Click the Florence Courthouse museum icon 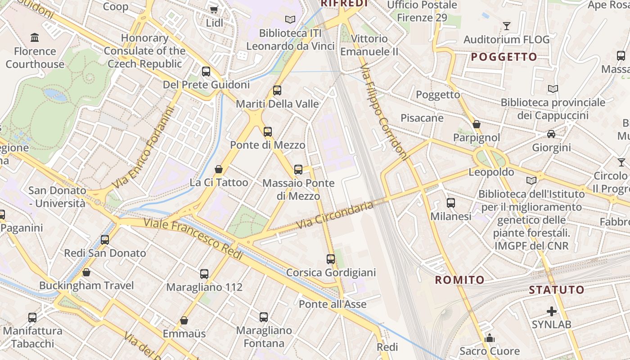pyautogui.click(x=35, y=37)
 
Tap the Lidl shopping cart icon pyautogui.click(x=214, y=9)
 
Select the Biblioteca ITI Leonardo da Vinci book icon pyautogui.click(x=290, y=19)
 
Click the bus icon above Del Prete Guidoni pyautogui.click(x=206, y=71)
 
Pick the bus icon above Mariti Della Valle pyautogui.click(x=277, y=90)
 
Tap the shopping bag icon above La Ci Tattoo pyautogui.click(x=219, y=169)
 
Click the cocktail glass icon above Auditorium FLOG pyautogui.click(x=507, y=26)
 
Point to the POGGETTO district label pyautogui.click(x=504, y=57)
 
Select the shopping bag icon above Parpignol pyautogui.click(x=477, y=124)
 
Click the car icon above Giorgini pyautogui.click(x=551, y=134)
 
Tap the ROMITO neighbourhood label pyautogui.click(x=460, y=280)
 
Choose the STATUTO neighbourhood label pyautogui.click(x=557, y=290)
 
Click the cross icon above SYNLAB pyautogui.click(x=551, y=311)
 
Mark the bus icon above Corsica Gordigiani pyautogui.click(x=331, y=259)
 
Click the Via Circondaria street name pyautogui.click(x=335, y=215)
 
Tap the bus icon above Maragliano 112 pyautogui.click(x=204, y=274)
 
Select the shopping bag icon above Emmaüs pyautogui.click(x=184, y=320)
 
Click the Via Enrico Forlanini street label pyautogui.click(x=143, y=148)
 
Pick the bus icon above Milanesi pyautogui.click(x=451, y=203)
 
